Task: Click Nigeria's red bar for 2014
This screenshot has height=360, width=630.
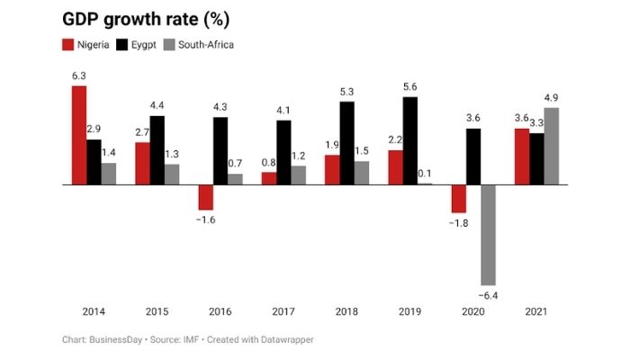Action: (x=79, y=135)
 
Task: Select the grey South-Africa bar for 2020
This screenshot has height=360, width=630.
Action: (x=488, y=234)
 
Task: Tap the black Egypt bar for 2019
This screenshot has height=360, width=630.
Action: (x=410, y=140)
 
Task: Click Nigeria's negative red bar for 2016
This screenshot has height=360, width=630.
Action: (x=205, y=196)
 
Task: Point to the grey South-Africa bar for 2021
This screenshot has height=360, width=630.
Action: (x=551, y=146)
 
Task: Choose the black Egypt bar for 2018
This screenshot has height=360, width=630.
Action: (x=347, y=143)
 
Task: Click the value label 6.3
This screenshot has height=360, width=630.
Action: (x=79, y=76)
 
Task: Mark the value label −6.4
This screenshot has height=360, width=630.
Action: (x=488, y=293)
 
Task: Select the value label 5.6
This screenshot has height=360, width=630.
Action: (x=410, y=87)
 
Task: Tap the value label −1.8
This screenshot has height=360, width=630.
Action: (x=459, y=221)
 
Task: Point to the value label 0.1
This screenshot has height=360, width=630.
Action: (x=425, y=174)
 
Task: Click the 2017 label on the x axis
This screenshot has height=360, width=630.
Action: (x=283, y=311)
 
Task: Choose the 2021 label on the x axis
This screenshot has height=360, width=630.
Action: (x=536, y=311)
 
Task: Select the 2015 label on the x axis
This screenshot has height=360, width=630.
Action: (x=157, y=311)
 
